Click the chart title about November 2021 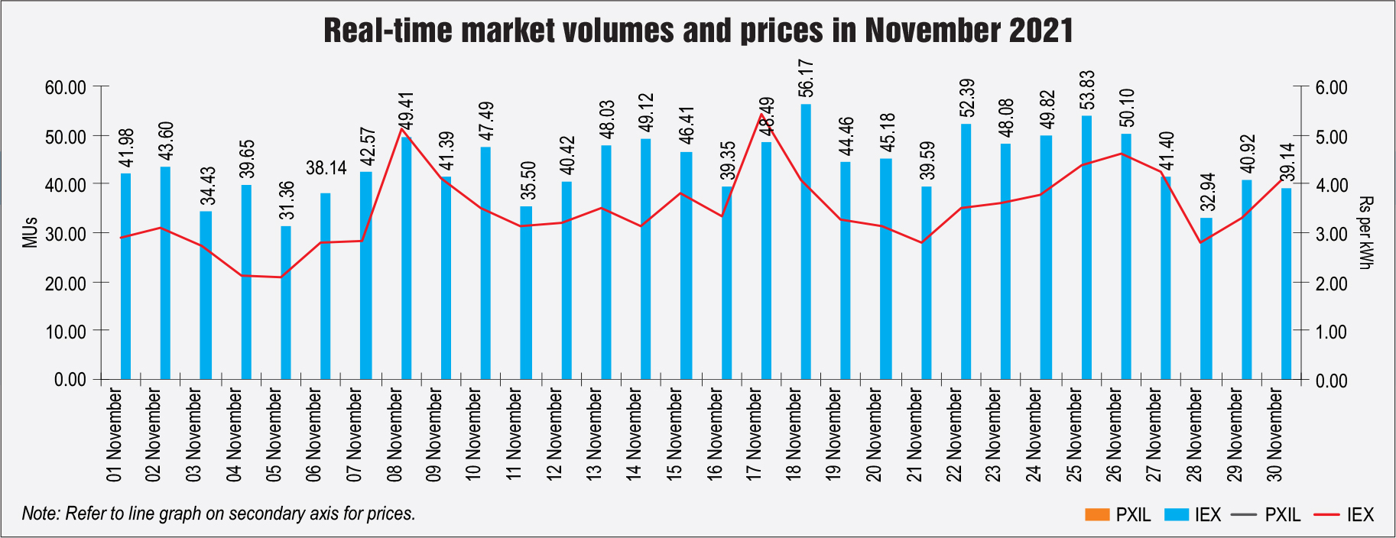[x=698, y=31]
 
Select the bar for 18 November [x=806, y=241]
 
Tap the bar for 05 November [x=286, y=303]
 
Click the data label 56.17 [x=806, y=79]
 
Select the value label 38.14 [x=326, y=168]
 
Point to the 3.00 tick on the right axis [x=1331, y=234]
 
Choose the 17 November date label [x=754, y=435]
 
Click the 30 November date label [x=1274, y=435]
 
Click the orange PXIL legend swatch [x=1096, y=514]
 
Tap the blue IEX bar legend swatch [x=1176, y=514]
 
